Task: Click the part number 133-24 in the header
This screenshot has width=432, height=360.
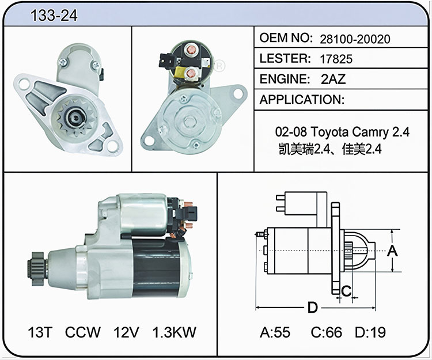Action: (x=54, y=15)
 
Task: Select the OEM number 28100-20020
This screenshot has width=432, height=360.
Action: (x=355, y=39)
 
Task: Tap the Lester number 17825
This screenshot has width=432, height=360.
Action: (x=336, y=59)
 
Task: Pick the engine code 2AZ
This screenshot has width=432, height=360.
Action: (x=333, y=79)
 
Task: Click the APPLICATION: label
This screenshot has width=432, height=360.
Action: (x=302, y=100)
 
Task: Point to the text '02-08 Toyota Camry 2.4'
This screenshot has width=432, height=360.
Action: (x=342, y=132)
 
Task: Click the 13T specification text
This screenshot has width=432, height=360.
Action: (x=40, y=332)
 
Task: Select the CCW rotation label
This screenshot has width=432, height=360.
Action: (x=82, y=332)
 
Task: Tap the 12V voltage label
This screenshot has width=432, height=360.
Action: (x=126, y=332)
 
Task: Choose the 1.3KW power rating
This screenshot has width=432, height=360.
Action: (x=174, y=332)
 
